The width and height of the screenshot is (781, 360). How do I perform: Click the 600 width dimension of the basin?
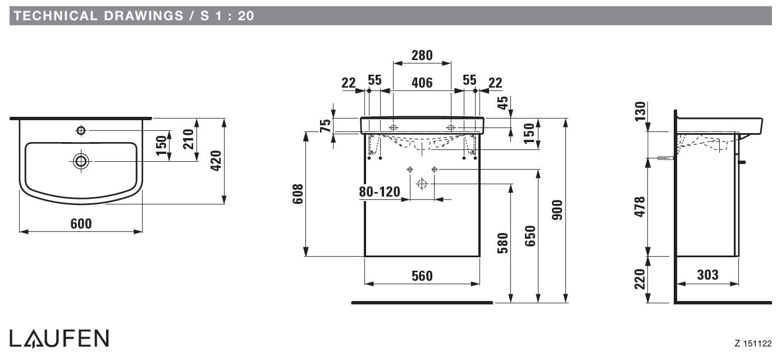click(x=81, y=224)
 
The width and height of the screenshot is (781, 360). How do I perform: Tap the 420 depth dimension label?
click(x=216, y=161)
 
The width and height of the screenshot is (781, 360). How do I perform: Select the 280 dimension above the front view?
click(x=422, y=55)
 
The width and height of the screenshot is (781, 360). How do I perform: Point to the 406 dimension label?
click(x=422, y=83)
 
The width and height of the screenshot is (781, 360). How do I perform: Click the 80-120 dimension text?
click(x=380, y=192)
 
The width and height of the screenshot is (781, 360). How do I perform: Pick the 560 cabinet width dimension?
click(x=422, y=276)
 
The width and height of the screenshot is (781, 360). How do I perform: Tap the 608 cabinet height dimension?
click(x=298, y=194)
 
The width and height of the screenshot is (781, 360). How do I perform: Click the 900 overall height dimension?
click(x=557, y=209)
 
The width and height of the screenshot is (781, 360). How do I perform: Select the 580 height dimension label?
click(x=503, y=243)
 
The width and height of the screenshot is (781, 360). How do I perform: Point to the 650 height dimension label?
click(x=530, y=236)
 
